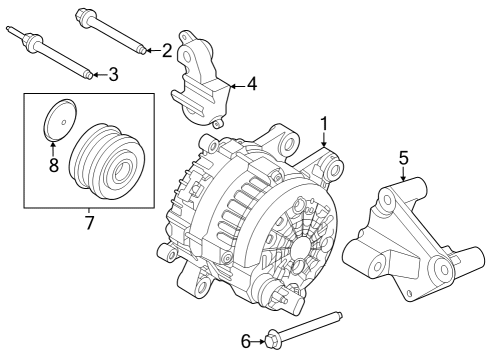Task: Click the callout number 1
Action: [323, 123]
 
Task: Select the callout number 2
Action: [166, 49]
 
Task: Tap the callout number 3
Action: [113, 74]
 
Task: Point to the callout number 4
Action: [252, 84]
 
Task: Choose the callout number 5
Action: [404, 157]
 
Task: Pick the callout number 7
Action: [89, 222]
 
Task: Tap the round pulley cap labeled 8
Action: [58, 123]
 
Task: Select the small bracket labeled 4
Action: [205, 84]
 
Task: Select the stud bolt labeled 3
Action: [56, 55]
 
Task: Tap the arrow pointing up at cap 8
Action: [54, 148]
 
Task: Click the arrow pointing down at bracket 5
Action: [404, 175]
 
